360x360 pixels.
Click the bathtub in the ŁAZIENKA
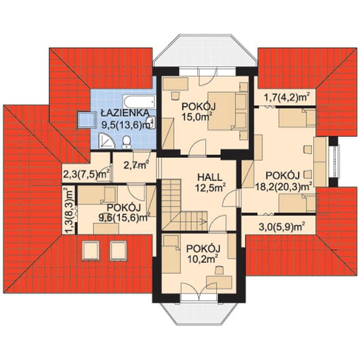(139, 102)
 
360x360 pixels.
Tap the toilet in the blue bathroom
(127, 142)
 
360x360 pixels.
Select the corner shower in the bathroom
(106, 140)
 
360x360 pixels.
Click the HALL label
(210, 177)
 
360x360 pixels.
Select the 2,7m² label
(136, 165)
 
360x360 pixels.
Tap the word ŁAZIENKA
(125, 113)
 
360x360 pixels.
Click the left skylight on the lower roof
(91, 250)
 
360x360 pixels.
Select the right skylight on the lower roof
(118, 250)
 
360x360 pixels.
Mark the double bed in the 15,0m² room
(227, 111)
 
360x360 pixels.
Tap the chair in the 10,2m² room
(220, 270)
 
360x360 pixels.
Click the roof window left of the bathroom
(87, 120)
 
